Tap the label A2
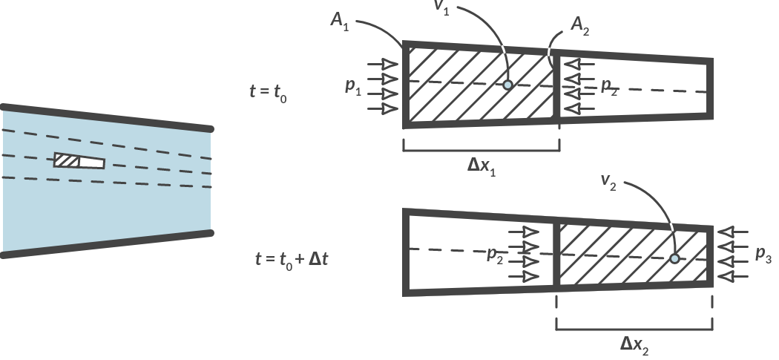point(581,27)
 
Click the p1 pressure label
point(353,86)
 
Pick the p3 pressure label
point(763,255)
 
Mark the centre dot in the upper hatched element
point(507,85)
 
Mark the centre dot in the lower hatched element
point(674,258)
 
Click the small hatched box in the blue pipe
point(66,160)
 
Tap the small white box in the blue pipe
point(91,163)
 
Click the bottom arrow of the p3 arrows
point(730,276)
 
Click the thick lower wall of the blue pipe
point(107,243)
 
